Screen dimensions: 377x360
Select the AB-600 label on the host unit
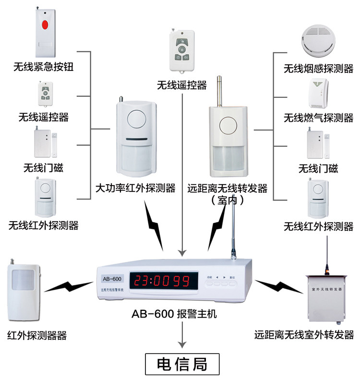tap(112, 279)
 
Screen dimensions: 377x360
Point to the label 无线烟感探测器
tap(318, 69)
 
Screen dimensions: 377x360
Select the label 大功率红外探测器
tap(135, 188)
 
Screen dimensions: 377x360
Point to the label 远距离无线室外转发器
tap(304, 334)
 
